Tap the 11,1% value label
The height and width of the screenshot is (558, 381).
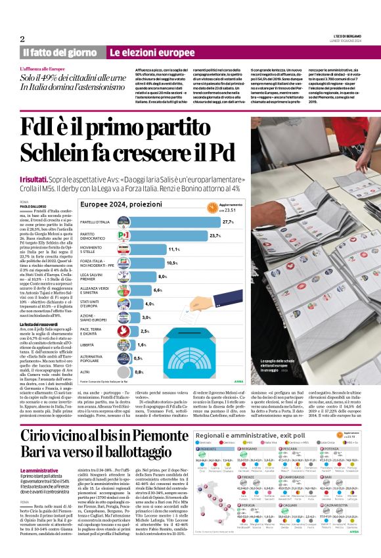174,250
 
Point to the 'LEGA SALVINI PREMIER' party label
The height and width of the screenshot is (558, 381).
94,277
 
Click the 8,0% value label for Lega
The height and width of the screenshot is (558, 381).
163,277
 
